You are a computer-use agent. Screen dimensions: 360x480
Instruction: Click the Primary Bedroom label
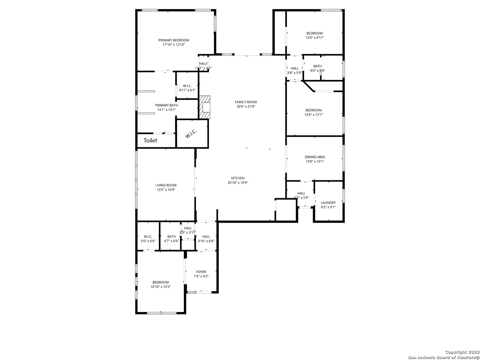(174, 40)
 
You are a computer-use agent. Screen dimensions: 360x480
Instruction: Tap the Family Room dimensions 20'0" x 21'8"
(246, 107)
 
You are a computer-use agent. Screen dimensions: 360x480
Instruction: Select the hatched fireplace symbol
(205, 107)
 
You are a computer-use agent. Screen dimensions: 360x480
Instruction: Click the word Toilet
(150, 140)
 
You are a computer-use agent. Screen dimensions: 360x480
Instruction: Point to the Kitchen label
(238, 178)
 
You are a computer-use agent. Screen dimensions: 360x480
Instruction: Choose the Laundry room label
(328, 203)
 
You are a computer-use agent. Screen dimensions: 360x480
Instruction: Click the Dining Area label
(315, 157)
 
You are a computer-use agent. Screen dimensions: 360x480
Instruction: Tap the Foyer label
(201, 272)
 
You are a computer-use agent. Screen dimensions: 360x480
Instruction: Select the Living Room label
(166, 185)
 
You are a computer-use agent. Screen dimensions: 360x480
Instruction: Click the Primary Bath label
(166, 105)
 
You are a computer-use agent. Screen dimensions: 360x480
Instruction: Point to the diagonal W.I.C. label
(191, 134)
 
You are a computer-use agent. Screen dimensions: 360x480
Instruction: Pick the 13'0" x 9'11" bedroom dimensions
(314, 38)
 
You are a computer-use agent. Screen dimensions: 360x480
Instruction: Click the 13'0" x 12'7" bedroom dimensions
(314, 115)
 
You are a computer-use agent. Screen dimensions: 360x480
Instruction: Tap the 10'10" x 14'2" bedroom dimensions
(161, 287)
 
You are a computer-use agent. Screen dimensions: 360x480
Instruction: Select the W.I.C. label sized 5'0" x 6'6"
(148, 237)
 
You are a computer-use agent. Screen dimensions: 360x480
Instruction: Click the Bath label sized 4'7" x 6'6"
(171, 237)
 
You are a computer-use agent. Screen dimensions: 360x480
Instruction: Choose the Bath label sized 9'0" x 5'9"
(318, 66)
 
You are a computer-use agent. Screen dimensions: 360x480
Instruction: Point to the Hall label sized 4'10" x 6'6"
(206, 237)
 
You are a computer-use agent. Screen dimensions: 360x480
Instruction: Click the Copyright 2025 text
(462, 352)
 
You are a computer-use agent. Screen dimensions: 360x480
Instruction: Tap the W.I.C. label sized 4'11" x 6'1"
(187, 86)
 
